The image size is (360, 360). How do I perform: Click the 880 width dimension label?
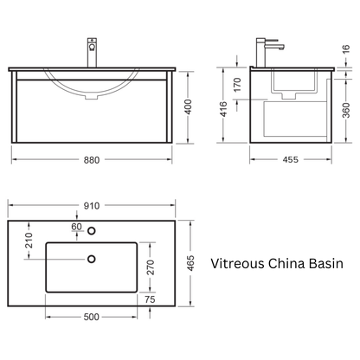92,160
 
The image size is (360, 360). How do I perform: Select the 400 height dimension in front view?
188,106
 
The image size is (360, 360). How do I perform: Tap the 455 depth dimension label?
290,159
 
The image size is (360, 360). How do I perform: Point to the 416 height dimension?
223,109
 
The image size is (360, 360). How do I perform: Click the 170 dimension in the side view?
237,85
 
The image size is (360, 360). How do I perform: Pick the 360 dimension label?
346,110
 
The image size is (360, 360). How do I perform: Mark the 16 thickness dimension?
346,48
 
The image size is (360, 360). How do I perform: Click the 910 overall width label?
92,206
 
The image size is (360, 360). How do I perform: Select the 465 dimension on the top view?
190,263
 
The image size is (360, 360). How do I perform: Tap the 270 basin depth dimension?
151,267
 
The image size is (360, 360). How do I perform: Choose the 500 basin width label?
91,317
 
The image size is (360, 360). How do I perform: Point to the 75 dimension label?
150,299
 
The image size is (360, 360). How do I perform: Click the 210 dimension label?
29,241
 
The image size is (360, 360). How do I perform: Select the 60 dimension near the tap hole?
76,227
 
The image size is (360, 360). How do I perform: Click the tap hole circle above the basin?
92,230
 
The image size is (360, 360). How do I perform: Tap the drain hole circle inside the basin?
92,259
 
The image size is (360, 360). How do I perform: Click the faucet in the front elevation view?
92,53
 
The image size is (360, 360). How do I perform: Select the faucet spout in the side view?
275,46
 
